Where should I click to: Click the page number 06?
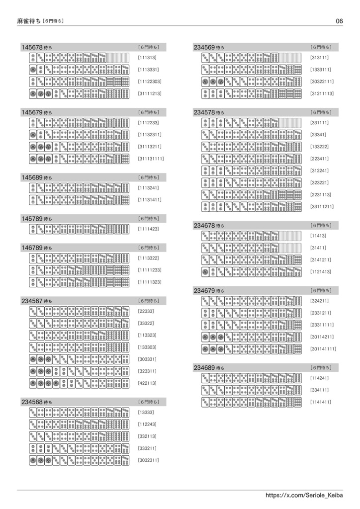coord(339,21)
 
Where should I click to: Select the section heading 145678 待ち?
coord(36,47)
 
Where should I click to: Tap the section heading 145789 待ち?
coord(36,219)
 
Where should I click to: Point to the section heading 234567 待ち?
coord(36,301)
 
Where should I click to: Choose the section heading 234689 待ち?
coord(209,368)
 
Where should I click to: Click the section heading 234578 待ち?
coord(209,113)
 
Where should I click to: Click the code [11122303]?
coord(149,82)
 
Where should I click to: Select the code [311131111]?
coord(151,159)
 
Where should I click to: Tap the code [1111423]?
coord(148,229)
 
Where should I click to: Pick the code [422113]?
coord(147,383)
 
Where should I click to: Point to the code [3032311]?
coord(148,460)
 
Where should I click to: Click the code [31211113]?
coord(322,93)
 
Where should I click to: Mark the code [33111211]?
coord(322,206)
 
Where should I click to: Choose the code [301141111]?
coord(323,349)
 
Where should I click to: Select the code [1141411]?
coord(321,402)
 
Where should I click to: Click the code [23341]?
coord(318,135)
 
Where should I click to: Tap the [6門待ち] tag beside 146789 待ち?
coord(149,248)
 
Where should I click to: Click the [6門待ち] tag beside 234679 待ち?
coord(321,290)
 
